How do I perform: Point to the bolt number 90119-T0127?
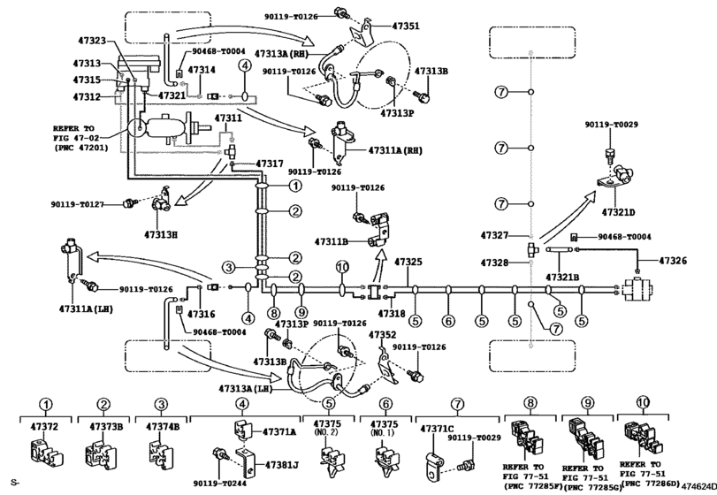[x=97, y=204]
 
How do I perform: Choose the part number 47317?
[x=270, y=164]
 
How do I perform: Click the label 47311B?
[x=337, y=241]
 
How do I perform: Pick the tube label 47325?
[x=408, y=263]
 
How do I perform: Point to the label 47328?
[x=496, y=263]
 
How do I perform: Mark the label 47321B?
[x=562, y=277]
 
